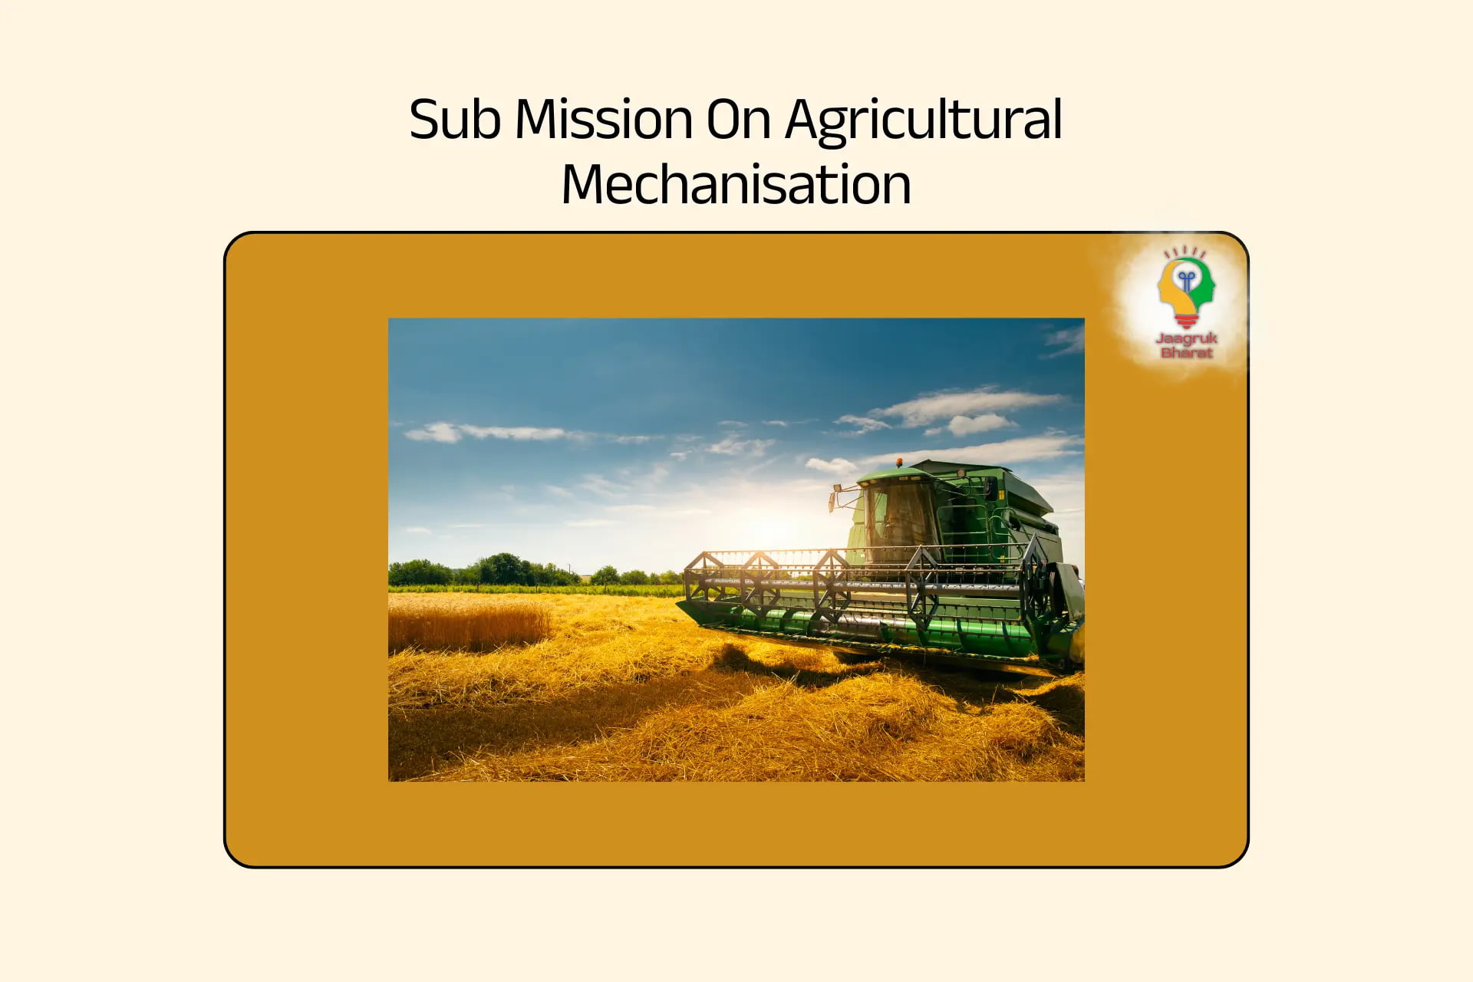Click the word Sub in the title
pyautogui.click(x=454, y=120)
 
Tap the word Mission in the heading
pyautogui.click(x=604, y=120)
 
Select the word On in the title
pyautogui.click(x=738, y=120)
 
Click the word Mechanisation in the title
pyautogui.click(x=736, y=186)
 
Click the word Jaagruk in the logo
pyautogui.click(x=1186, y=338)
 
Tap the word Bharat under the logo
pyautogui.click(x=1186, y=353)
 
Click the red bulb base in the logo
pyautogui.click(x=1186, y=320)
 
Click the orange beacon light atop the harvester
pyautogui.click(x=899, y=463)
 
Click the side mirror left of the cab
pyautogui.click(x=832, y=499)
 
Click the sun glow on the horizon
pyautogui.click(x=767, y=529)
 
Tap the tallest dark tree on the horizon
pyautogui.click(x=503, y=568)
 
